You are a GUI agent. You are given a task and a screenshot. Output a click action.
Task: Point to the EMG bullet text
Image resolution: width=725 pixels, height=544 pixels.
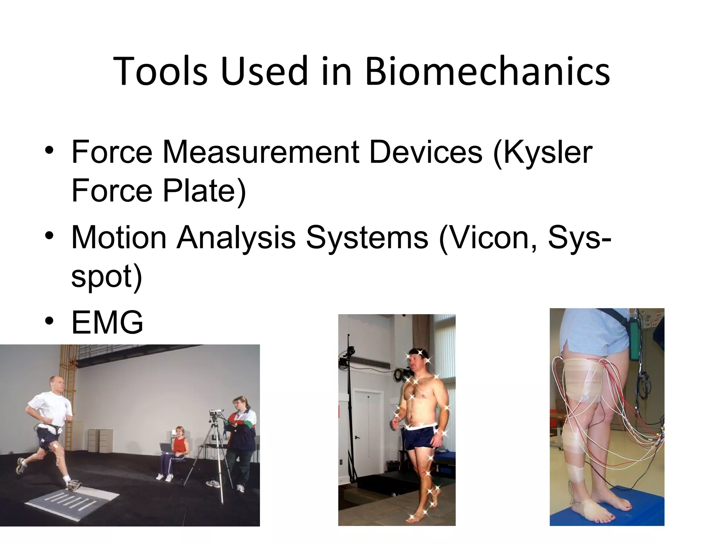[x=107, y=322]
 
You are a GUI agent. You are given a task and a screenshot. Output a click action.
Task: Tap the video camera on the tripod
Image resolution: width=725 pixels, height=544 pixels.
[x=216, y=413]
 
